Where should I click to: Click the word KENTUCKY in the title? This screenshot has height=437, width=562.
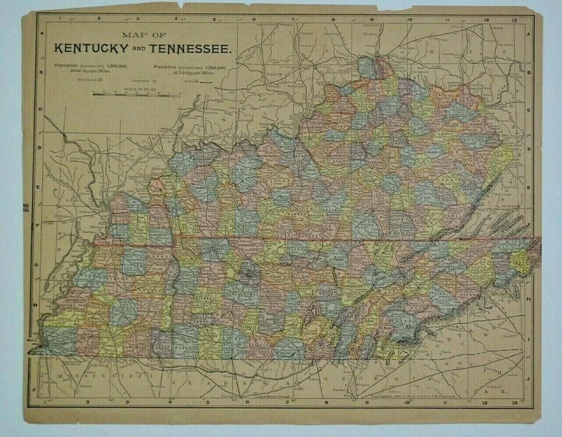coord(91,48)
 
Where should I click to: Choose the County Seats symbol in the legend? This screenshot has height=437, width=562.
coord(155,81)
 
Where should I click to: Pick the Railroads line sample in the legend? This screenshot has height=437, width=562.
coord(206,81)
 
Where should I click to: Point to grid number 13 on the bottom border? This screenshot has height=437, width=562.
coord(515,402)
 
